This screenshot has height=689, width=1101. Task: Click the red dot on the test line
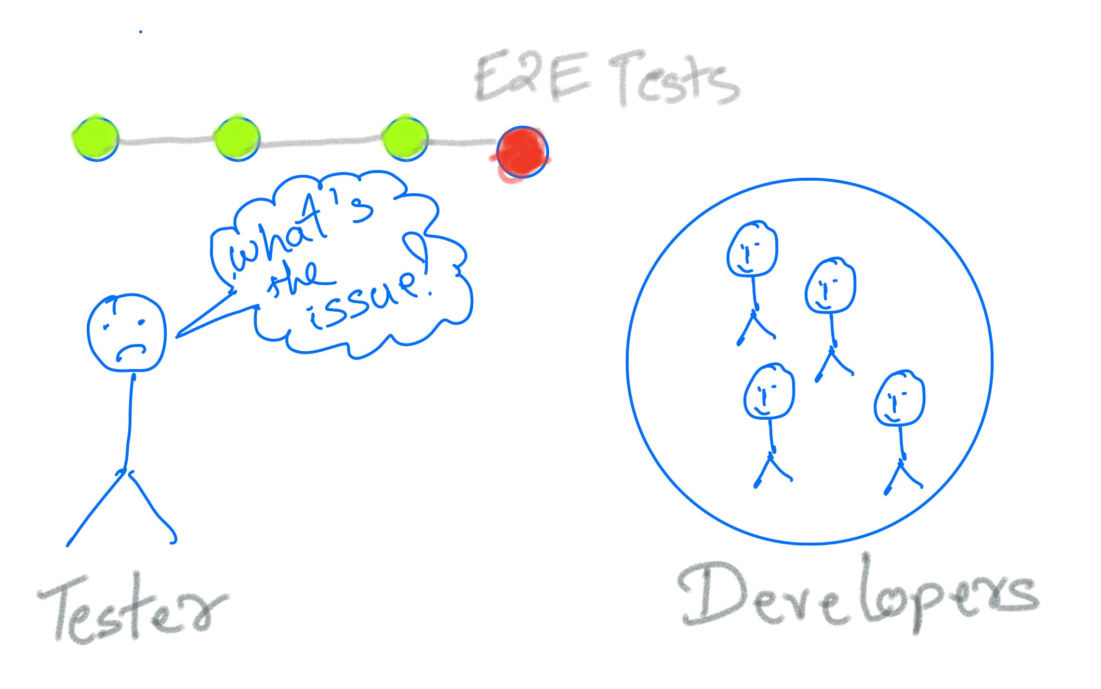pyautogui.click(x=522, y=152)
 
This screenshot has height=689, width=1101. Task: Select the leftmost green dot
pyautogui.click(x=96, y=139)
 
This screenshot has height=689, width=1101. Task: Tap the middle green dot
pyautogui.click(x=237, y=139)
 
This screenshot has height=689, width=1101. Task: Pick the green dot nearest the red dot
pyautogui.click(x=405, y=138)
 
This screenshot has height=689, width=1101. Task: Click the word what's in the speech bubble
pyautogui.click(x=299, y=231)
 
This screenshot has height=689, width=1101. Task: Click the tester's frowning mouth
pyautogui.click(x=130, y=351)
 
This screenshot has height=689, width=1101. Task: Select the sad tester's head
pyautogui.click(x=127, y=332)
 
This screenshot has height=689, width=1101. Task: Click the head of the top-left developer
pyautogui.click(x=752, y=249)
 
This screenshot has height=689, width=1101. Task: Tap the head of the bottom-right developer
pyautogui.click(x=899, y=398)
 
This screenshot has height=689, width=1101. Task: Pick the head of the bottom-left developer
pyautogui.click(x=769, y=391)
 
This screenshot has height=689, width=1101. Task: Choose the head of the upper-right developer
pyautogui.click(x=830, y=286)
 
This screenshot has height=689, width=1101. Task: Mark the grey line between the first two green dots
pyautogui.click(x=166, y=141)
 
